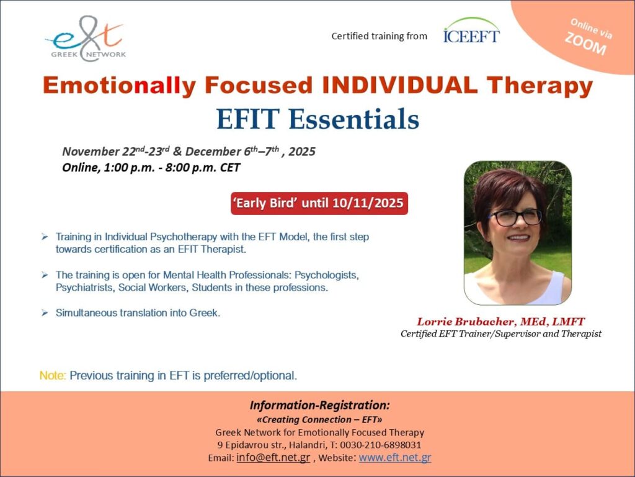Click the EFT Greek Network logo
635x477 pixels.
86,39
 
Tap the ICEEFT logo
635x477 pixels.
471,30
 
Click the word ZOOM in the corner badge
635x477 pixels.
585,43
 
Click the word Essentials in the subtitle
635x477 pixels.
353,119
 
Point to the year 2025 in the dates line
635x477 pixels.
302,152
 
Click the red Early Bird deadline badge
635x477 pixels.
319,203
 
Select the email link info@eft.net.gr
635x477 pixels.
273,457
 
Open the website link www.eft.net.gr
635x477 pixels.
395,457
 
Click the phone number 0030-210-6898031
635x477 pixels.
380,445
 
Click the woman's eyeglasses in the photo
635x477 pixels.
515,217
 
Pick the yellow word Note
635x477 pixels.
52,376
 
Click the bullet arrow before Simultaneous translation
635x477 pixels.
45,313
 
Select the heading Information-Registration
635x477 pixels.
319,405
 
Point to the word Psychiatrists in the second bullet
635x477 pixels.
84,288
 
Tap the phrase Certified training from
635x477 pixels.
379,36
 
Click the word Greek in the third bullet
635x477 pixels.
205,313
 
